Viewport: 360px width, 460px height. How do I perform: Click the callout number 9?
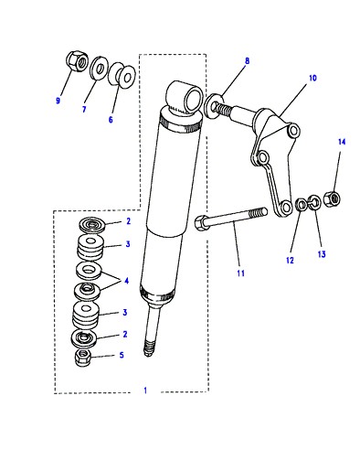pyautogui.click(x=58, y=101)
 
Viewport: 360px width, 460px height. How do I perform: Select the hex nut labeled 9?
pyautogui.click(x=77, y=60)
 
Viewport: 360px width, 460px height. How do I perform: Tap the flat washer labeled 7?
pyautogui.click(x=100, y=68)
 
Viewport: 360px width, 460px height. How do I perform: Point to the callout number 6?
pyautogui.click(x=111, y=120)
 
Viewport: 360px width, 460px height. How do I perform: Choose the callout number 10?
pyautogui.click(x=312, y=78)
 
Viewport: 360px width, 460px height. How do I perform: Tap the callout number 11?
pyautogui.click(x=240, y=273)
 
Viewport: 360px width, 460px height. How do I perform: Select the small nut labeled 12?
pyautogui.click(x=302, y=204)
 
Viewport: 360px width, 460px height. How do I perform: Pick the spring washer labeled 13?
pyautogui.click(x=314, y=202)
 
